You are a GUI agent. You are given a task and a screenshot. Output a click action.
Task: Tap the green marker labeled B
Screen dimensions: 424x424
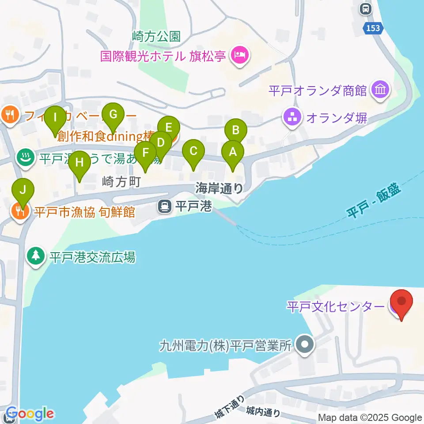click(x=236, y=131)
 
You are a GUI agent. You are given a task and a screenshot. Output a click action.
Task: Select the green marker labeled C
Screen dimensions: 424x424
click(x=193, y=151)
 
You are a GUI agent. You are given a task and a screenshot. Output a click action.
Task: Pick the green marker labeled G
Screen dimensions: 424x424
click(x=113, y=115)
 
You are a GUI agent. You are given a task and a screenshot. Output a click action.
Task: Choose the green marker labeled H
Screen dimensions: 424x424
click(x=79, y=163)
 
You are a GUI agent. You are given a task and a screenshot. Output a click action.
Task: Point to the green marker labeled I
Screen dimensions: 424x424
click(x=55, y=118)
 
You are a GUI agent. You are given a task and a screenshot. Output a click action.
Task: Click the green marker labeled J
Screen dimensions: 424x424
click(x=25, y=190)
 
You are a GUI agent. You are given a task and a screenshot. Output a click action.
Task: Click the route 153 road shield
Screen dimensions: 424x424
click(x=372, y=28)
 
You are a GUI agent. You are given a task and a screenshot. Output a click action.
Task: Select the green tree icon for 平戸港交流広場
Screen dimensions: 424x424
click(x=36, y=257)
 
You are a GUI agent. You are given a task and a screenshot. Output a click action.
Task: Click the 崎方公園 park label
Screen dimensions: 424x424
click(x=156, y=36)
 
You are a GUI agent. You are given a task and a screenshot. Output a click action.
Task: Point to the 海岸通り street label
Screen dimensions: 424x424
click(x=219, y=189)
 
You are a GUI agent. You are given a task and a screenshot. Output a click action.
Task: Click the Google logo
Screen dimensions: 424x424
click(x=29, y=414)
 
